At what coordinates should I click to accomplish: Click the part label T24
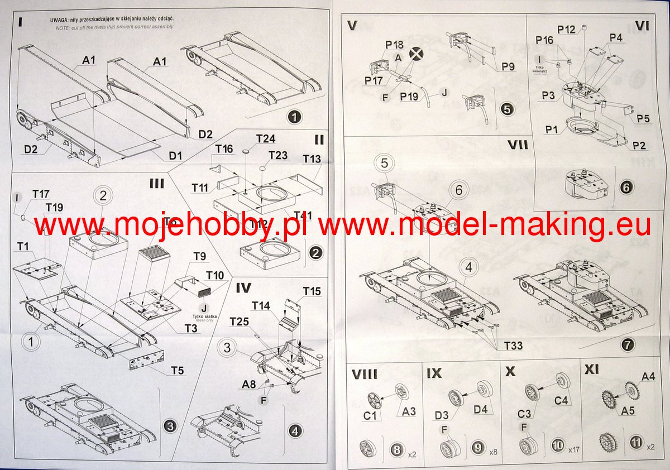coord(266,138)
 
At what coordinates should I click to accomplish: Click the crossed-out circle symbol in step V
coord(416,54)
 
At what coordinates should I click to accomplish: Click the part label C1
coord(370,416)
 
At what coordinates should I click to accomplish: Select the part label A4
coord(648,377)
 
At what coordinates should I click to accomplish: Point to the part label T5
coord(178,370)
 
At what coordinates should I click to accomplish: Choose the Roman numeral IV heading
coord(243,288)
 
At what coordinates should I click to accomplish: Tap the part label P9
coord(508,66)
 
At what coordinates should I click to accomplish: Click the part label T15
coord(312,291)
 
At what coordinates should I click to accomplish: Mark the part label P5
coord(643,118)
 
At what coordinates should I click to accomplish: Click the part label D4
coord(481,409)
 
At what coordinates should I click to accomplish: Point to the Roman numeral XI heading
coord(594,370)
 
